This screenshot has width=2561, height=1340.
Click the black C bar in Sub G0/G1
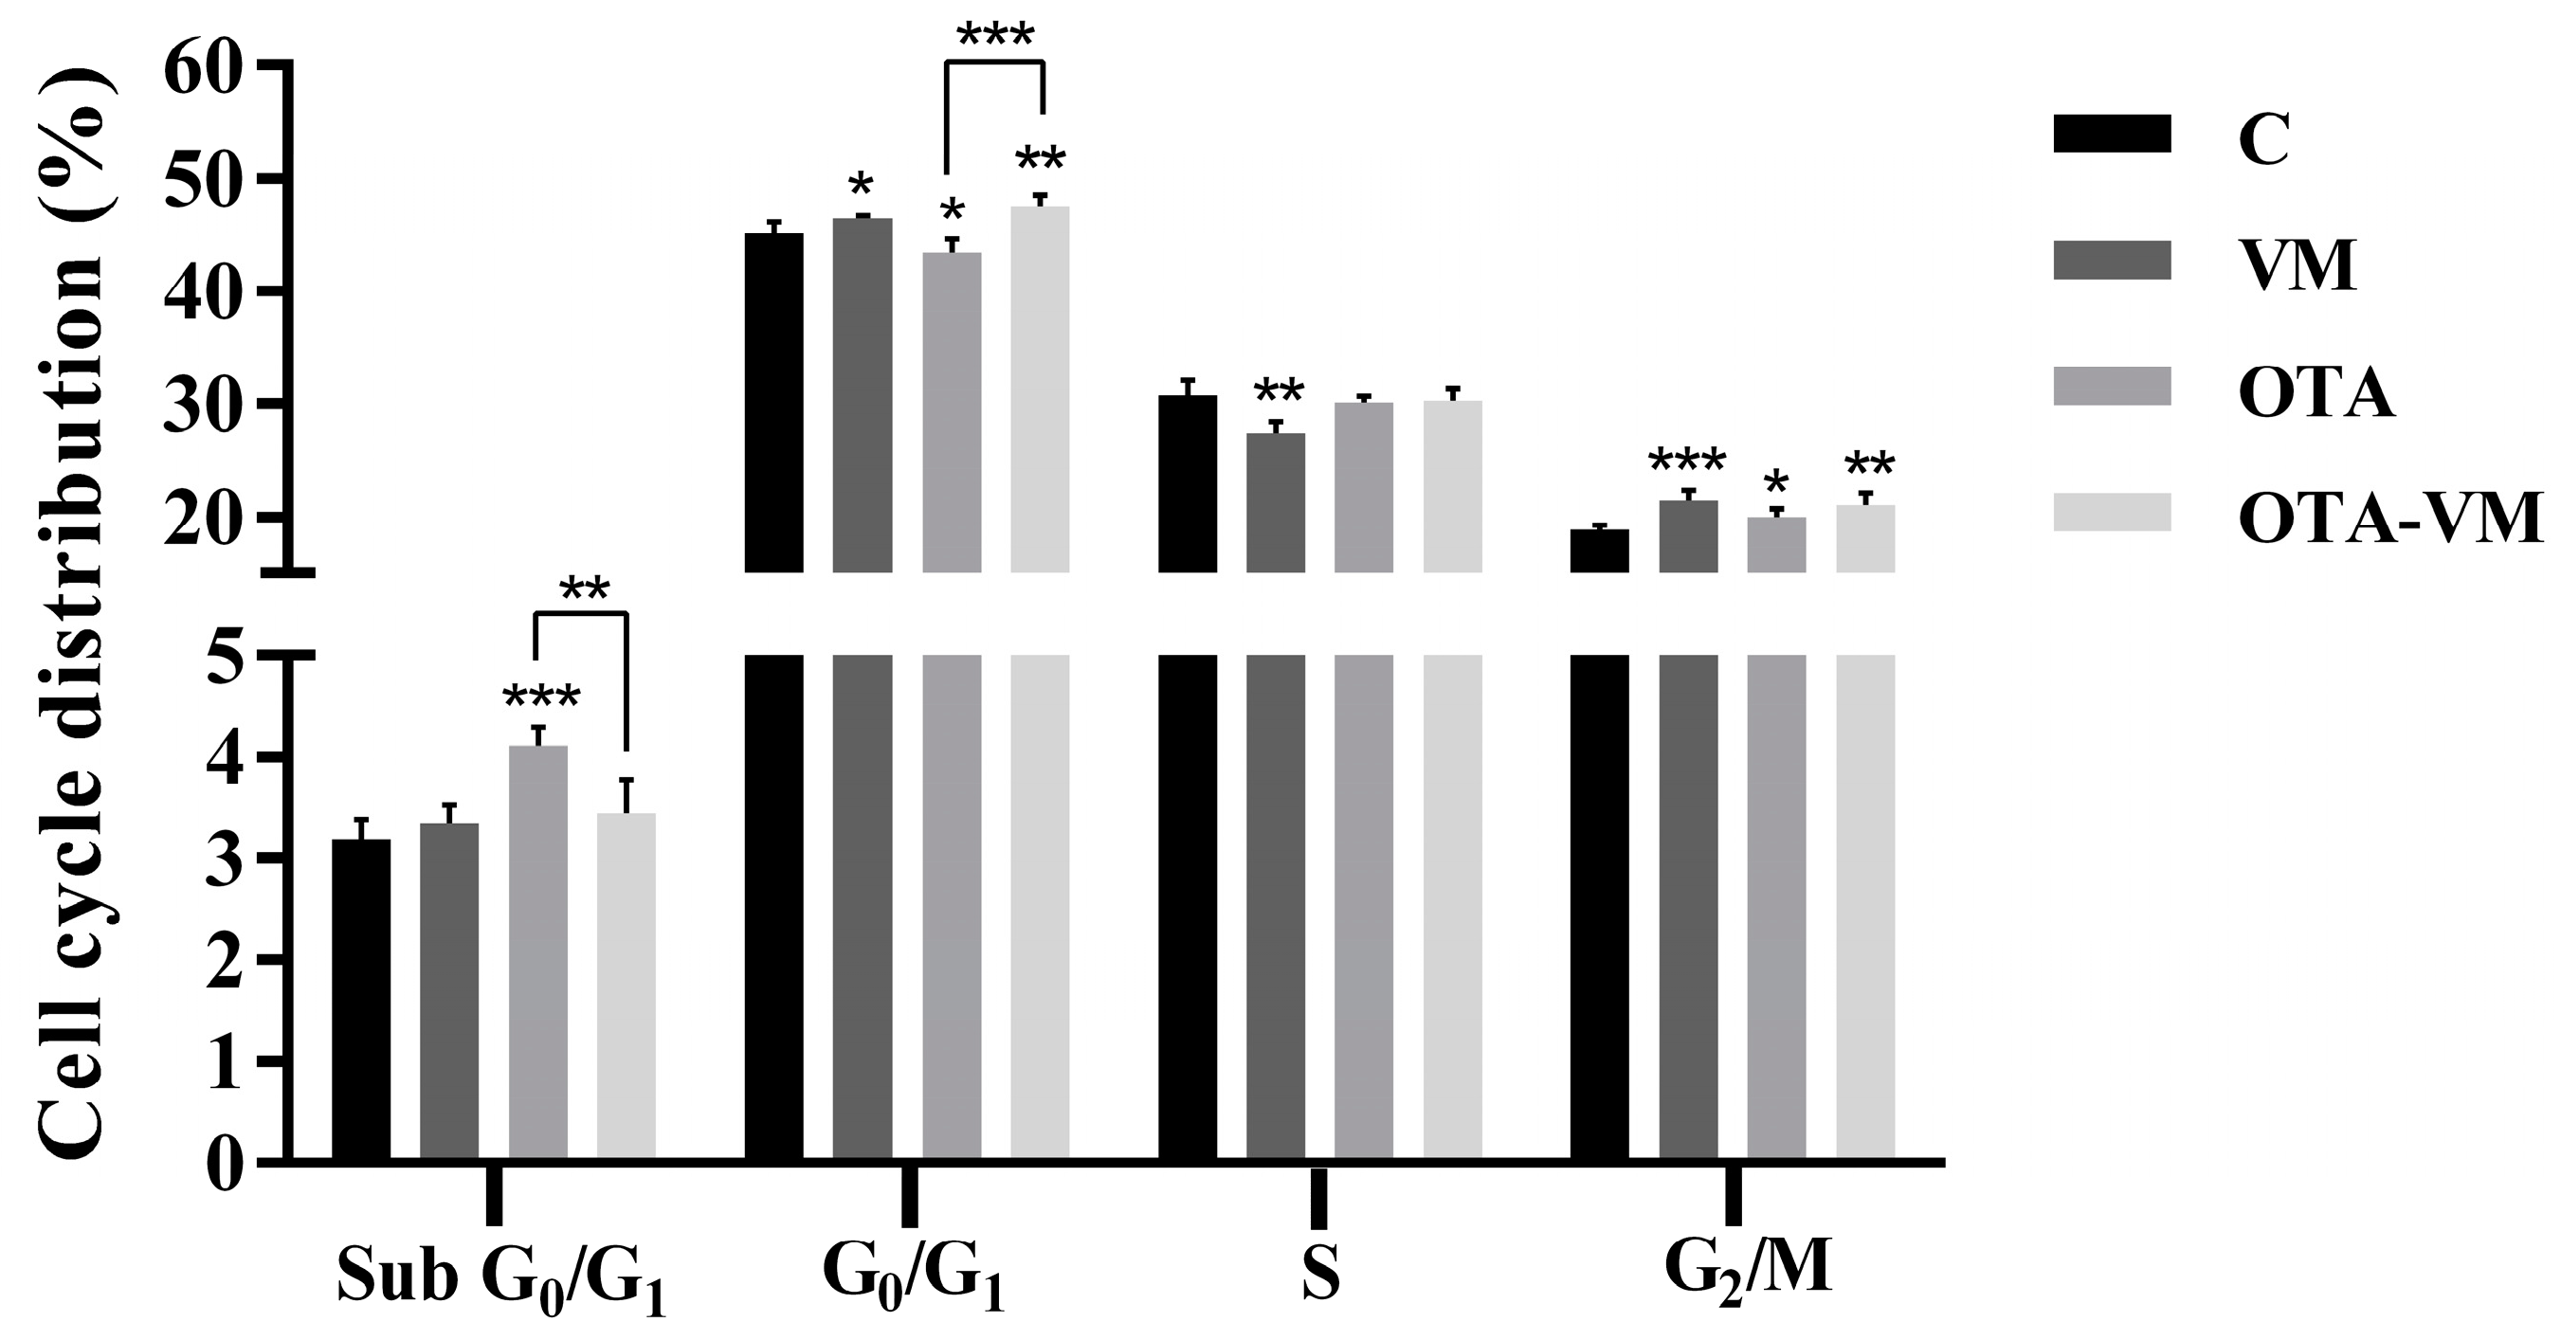coord(361,999)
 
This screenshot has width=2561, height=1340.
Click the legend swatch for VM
coord(2112,260)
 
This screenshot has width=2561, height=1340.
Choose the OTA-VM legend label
coord(2390,519)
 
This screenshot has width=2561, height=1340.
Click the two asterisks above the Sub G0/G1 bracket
coord(584,590)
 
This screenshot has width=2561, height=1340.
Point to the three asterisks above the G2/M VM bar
coord(1687,462)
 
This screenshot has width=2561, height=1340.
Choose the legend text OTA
coord(2316,392)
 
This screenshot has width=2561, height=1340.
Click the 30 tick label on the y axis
coord(202,404)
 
